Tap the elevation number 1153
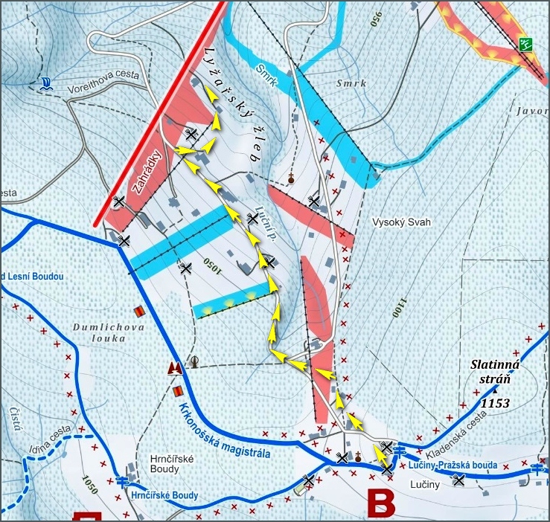pyautogui.click(x=495, y=403)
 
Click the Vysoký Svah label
pyautogui.click(x=402, y=222)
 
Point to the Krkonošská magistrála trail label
pyautogui.click(x=224, y=431)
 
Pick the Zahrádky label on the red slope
pyautogui.click(x=147, y=173)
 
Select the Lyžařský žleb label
pyautogui.click(x=230, y=104)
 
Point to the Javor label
pyautogui.click(x=531, y=111)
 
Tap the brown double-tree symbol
pyautogui.click(x=175, y=368)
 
